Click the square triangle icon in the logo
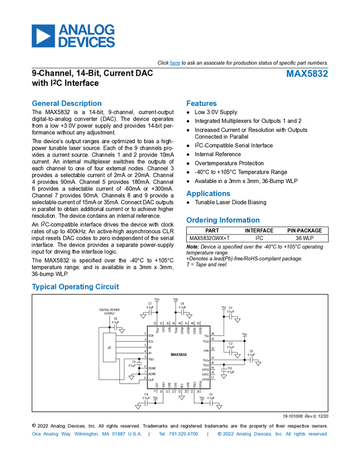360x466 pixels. (x=43, y=36)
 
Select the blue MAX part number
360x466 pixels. (x=307, y=74)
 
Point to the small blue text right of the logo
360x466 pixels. (x=175, y=64)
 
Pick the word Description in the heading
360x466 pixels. (x=82, y=103)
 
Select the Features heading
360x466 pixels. (x=202, y=103)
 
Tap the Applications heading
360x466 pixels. (x=208, y=194)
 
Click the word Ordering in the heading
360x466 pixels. (x=201, y=220)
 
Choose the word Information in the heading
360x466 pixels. (x=240, y=220)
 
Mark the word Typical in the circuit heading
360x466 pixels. (x=42, y=287)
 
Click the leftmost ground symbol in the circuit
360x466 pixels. (x=122, y=331)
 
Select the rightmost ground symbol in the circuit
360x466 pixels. (x=258, y=363)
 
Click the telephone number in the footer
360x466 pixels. (x=178, y=434)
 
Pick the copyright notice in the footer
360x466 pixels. (x=272, y=434)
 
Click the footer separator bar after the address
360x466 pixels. (x=149, y=434)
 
